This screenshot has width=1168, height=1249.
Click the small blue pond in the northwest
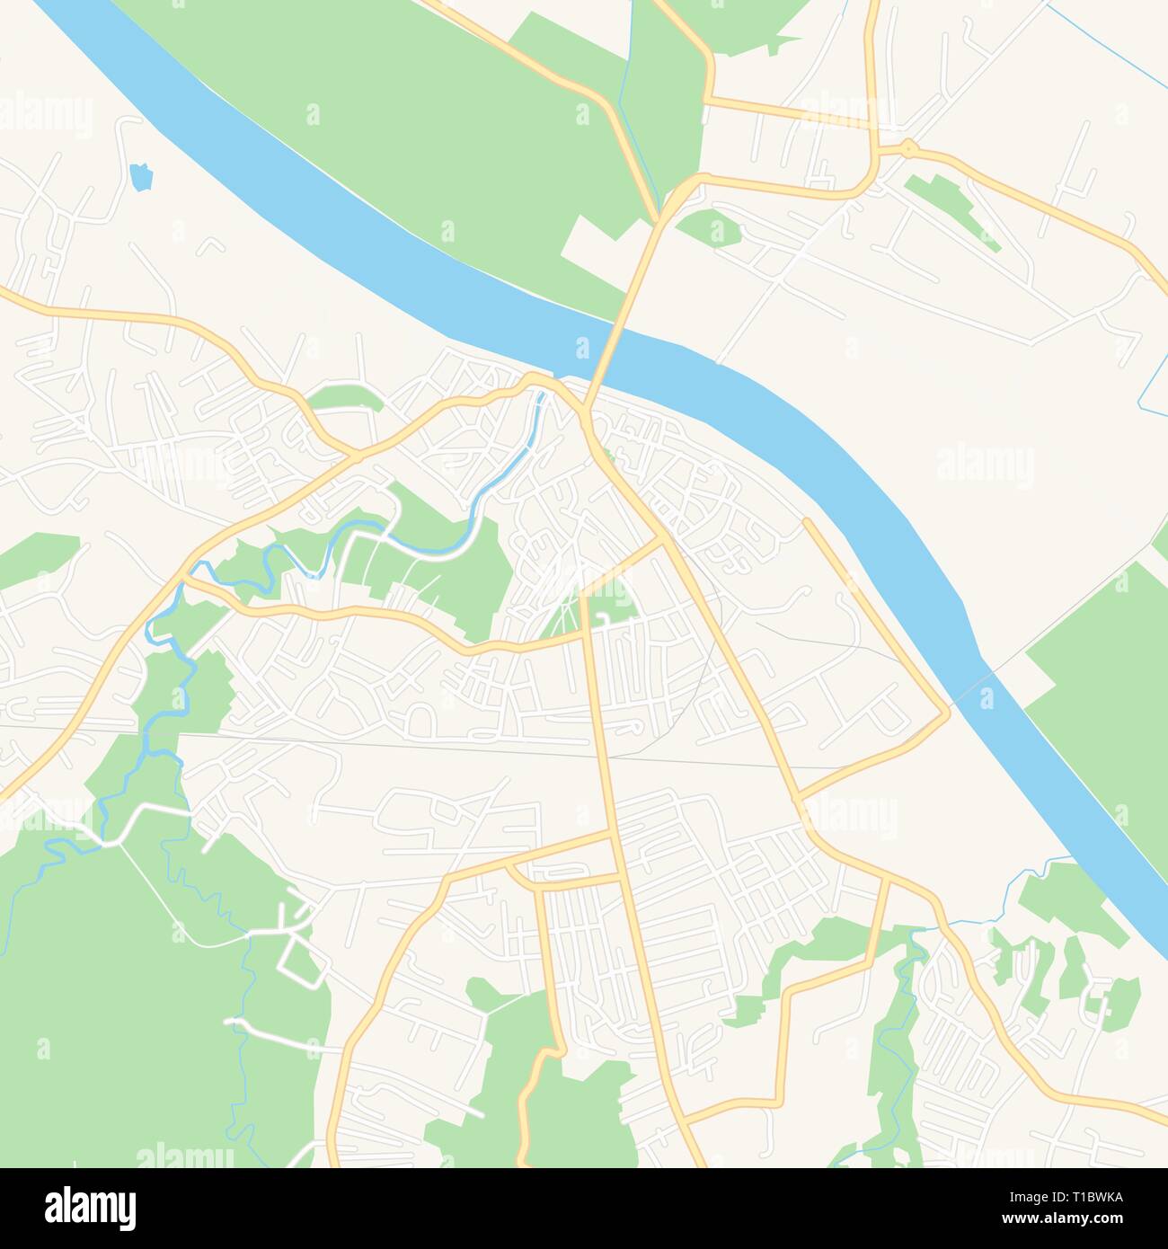click(138, 176)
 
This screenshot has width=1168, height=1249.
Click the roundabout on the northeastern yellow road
click(908, 146)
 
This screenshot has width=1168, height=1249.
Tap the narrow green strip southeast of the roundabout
click(952, 212)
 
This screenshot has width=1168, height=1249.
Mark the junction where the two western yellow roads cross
click(357, 455)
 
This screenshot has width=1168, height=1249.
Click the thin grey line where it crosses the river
click(975, 683)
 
